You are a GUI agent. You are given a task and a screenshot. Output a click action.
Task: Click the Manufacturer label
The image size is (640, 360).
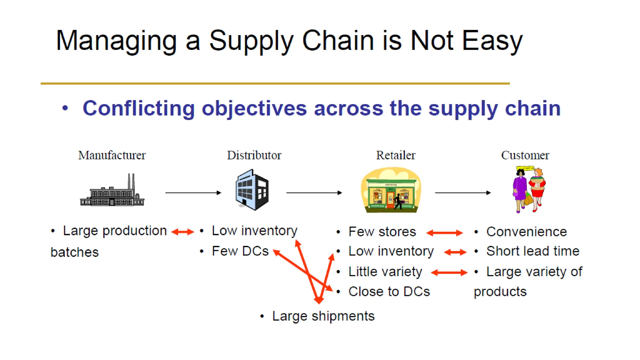pyautogui.click(x=112, y=155)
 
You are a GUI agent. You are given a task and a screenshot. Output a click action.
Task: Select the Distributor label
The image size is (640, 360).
pyautogui.click(x=254, y=155)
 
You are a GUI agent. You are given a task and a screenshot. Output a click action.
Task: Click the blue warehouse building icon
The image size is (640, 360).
pyautogui.click(x=252, y=190)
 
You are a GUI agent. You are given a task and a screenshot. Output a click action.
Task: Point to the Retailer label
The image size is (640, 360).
pyautogui.click(x=396, y=155)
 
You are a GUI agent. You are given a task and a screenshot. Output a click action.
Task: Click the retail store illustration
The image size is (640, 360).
pyautogui.click(x=391, y=191)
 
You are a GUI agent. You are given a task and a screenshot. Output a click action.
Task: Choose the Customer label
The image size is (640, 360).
pyautogui.click(x=525, y=155)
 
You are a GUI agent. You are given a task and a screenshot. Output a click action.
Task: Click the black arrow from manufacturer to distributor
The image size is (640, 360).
pyautogui.click(x=193, y=193)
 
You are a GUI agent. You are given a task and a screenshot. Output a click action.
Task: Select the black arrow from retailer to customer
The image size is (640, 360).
pyautogui.click(x=462, y=193)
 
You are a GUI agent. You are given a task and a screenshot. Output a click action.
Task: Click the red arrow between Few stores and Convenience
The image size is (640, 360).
pyautogui.click(x=444, y=232)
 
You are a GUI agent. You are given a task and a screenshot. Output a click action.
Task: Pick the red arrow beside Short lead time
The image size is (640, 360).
pyautogui.click(x=455, y=252)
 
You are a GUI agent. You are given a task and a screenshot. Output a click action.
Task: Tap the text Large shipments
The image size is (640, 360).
pyautogui.click(x=323, y=316)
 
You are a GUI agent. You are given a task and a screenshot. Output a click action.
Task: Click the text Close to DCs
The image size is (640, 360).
pyautogui.click(x=389, y=292)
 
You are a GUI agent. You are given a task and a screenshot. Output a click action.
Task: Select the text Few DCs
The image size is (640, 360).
pyautogui.click(x=240, y=251)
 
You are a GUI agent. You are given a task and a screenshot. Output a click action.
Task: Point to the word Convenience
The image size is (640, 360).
pyautogui.click(x=526, y=232)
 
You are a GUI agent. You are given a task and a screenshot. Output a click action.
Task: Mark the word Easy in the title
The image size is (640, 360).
pyautogui.click(x=492, y=41)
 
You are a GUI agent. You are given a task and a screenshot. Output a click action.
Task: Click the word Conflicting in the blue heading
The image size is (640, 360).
pyautogui.click(x=139, y=108)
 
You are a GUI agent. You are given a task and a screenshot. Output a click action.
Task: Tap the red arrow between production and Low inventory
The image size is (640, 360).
pyautogui.click(x=183, y=232)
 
